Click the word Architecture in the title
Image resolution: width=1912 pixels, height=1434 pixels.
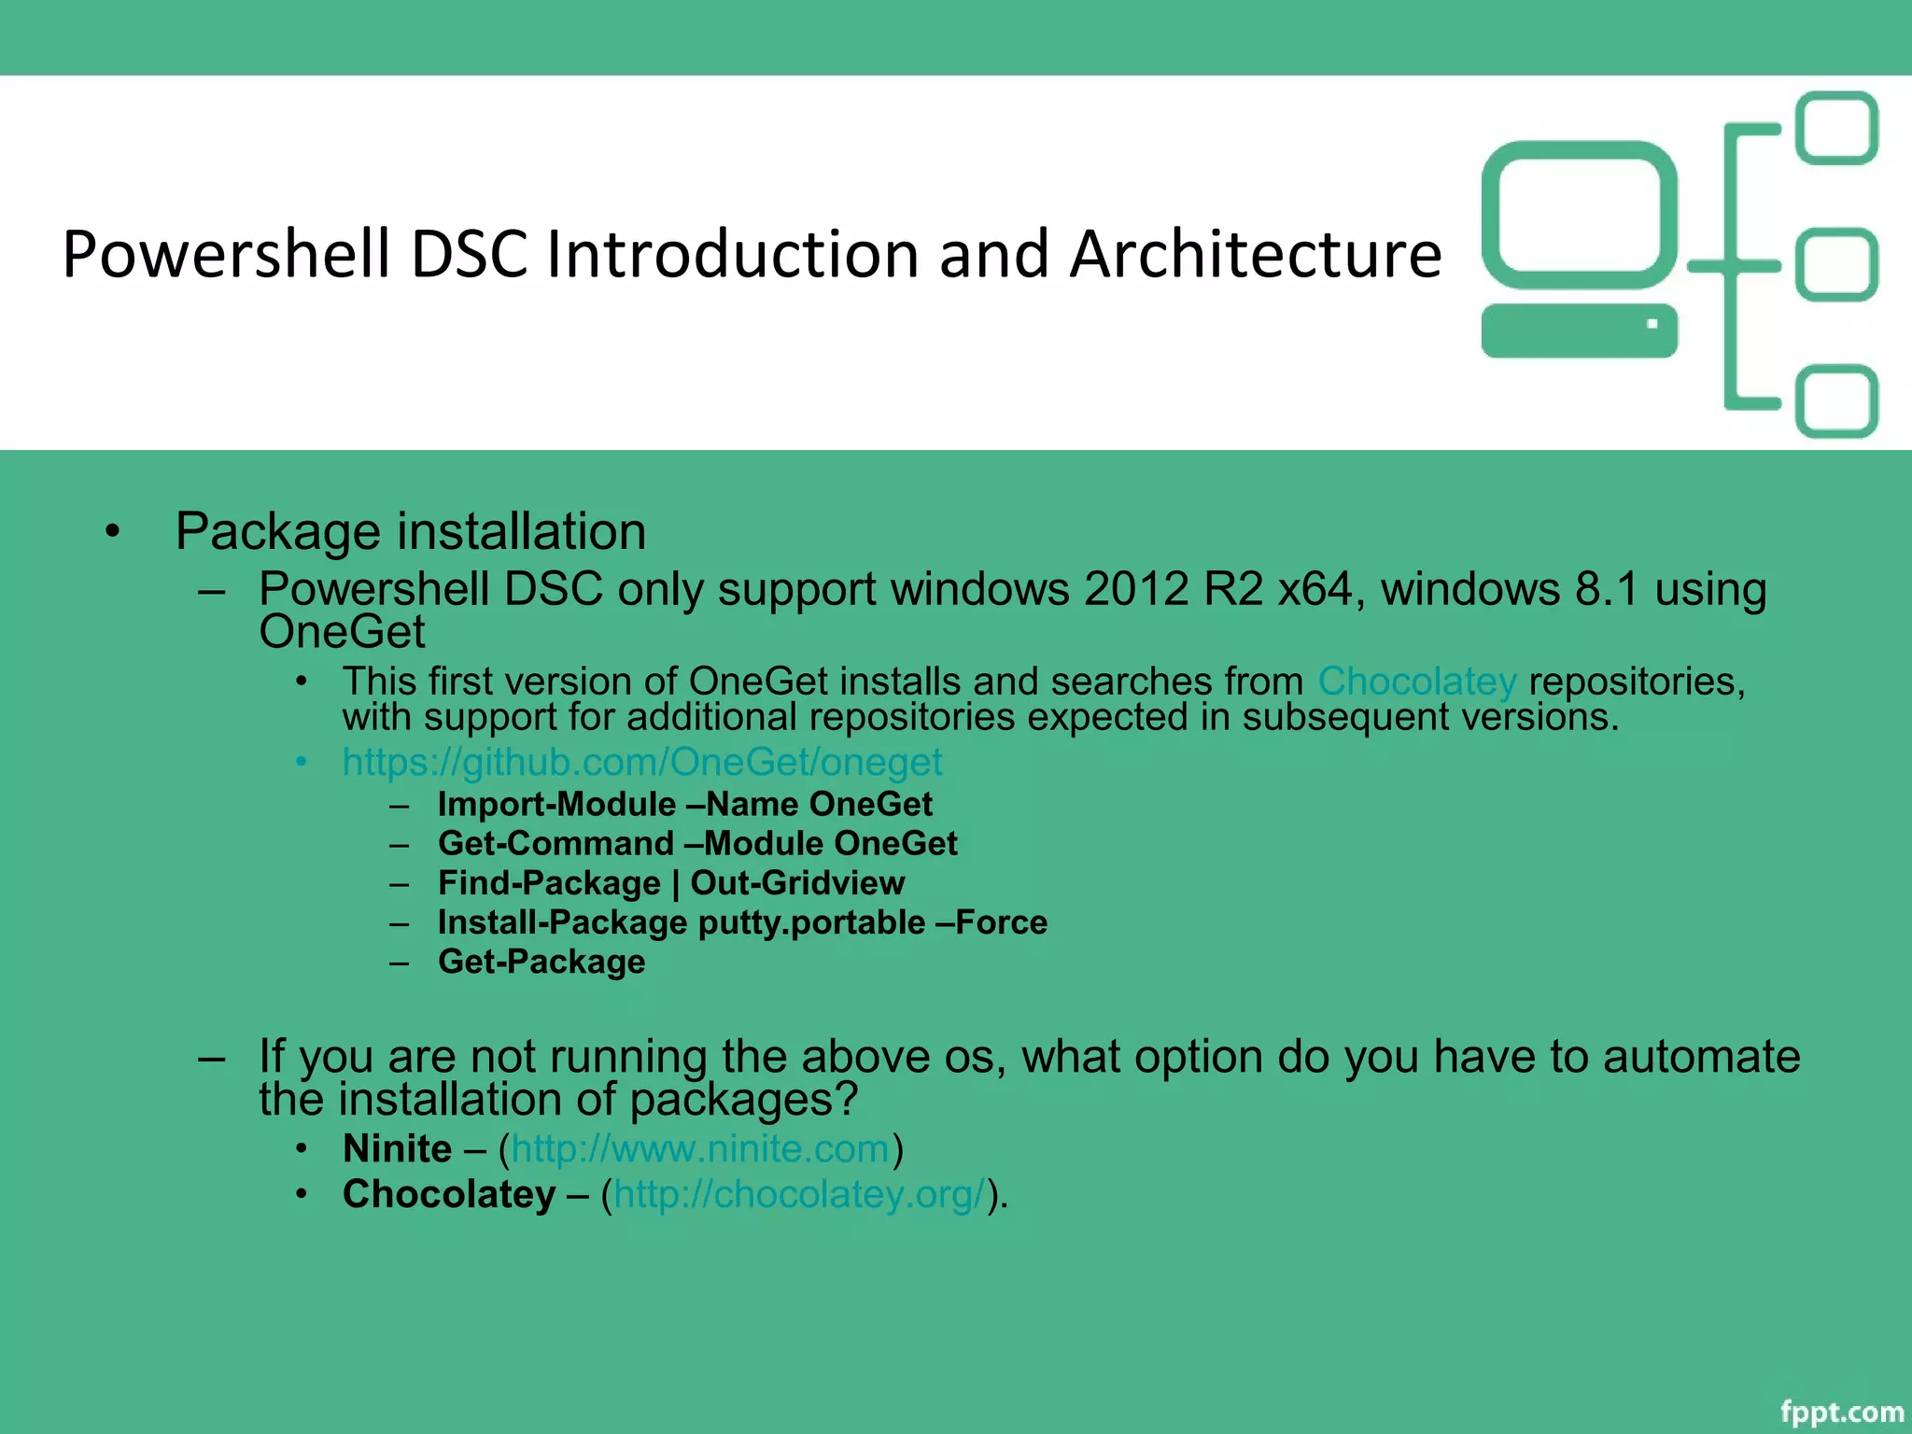1255,254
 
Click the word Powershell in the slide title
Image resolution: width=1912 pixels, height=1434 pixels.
226,254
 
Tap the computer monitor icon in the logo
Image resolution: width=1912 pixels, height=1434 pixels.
1579,215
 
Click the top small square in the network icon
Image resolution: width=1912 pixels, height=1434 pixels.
1836,128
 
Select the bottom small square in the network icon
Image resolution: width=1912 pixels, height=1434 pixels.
1836,401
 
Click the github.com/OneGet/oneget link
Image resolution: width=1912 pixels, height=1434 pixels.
642,762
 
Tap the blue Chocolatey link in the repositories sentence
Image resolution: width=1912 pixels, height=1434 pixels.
1416,681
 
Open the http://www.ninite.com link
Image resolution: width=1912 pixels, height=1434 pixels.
700,1148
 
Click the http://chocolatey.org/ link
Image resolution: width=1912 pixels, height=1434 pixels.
799,1194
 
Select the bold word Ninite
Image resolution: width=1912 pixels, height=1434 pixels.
397,1148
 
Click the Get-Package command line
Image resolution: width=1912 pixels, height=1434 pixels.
541,962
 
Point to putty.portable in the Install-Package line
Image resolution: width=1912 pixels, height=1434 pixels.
811,922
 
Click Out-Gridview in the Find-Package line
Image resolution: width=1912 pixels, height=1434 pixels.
796,883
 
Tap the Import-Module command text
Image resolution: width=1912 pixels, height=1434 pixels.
556,804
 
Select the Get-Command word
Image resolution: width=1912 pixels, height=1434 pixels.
555,843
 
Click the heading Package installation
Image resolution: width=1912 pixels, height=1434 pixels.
411,531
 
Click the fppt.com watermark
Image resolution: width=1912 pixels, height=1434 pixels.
1841,1412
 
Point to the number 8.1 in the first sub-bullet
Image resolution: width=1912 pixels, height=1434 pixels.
1606,589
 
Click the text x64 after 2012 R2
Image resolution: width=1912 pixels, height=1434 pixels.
1314,589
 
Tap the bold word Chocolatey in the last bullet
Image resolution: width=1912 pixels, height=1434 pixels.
449,1194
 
